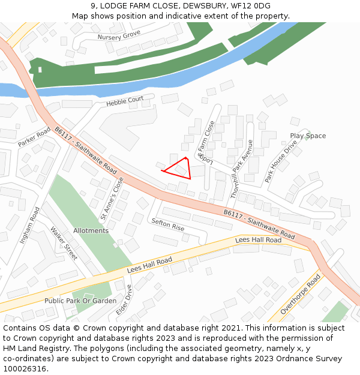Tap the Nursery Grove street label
point(119,36)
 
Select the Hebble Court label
point(125,101)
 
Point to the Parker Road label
point(34,136)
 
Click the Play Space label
point(308,136)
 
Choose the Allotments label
point(91,230)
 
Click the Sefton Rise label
point(168,224)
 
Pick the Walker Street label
point(64,243)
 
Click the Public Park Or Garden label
point(80,301)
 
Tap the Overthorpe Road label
point(301,295)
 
